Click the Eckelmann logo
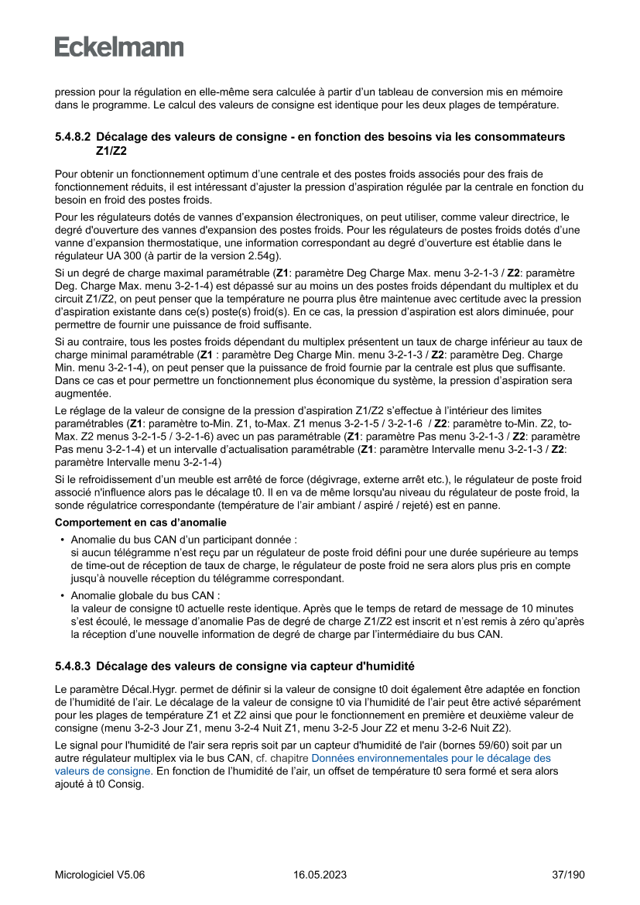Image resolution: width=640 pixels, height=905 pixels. click(x=119, y=46)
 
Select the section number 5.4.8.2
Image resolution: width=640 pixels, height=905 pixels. click(x=72, y=137)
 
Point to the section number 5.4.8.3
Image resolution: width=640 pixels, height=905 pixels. click(x=72, y=665)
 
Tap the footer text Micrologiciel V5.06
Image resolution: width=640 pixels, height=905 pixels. click(x=99, y=875)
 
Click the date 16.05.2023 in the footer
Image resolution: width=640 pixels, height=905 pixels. click(x=320, y=875)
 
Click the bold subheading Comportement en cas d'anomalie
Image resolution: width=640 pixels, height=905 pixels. click(x=140, y=522)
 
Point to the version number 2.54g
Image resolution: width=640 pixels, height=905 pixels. click(x=263, y=255)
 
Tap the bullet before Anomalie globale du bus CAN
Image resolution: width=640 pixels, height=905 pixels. click(x=62, y=596)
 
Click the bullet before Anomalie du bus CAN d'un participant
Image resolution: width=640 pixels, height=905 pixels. click(x=62, y=539)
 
